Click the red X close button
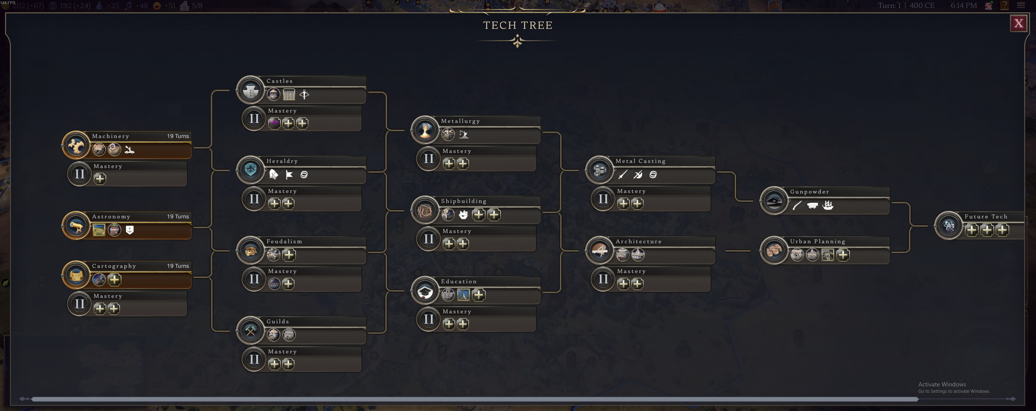click(x=1018, y=23)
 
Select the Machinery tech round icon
click(x=76, y=145)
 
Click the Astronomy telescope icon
click(x=76, y=226)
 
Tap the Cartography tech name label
click(x=114, y=266)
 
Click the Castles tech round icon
click(x=251, y=90)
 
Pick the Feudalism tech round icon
click(x=251, y=250)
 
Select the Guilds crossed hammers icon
click(x=251, y=331)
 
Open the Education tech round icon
click(x=425, y=291)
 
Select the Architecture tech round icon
click(x=600, y=250)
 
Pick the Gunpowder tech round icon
click(x=774, y=201)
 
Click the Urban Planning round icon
click(x=774, y=250)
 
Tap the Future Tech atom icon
click(x=949, y=226)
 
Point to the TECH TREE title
click(x=518, y=25)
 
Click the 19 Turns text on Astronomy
click(x=178, y=217)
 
